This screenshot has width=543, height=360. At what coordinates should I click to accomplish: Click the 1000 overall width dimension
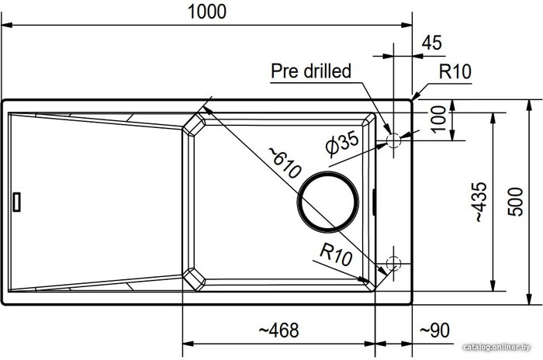click(x=207, y=12)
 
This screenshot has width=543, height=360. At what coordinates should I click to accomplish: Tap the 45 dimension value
click(x=432, y=43)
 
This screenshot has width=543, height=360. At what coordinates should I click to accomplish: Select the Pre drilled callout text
click(x=310, y=71)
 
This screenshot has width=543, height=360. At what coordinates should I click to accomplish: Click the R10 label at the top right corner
click(x=455, y=71)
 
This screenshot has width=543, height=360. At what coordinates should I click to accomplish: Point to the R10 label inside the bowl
click(x=336, y=254)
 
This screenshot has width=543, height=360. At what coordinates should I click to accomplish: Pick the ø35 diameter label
click(x=343, y=143)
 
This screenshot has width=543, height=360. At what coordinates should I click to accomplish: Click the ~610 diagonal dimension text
click(x=285, y=162)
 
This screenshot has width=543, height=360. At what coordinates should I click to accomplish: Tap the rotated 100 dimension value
click(x=439, y=119)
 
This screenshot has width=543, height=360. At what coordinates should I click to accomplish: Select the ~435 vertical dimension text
click(x=480, y=202)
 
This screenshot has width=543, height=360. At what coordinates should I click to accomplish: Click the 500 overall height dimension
click(x=515, y=202)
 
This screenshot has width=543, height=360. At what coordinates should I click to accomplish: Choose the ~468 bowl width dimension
click(x=278, y=331)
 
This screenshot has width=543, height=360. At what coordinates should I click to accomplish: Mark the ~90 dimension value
click(x=434, y=331)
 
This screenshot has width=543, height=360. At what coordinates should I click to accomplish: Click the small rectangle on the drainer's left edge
click(x=16, y=202)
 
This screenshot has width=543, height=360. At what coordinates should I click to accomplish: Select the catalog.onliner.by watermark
click(x=496, y=347)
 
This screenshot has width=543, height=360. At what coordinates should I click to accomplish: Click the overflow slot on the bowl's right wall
click(x=374, y=202)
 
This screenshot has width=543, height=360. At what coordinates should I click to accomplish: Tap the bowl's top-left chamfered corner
click(x=194, y=124)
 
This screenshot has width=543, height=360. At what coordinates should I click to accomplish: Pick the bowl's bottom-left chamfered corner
click(x=194, y=279)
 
